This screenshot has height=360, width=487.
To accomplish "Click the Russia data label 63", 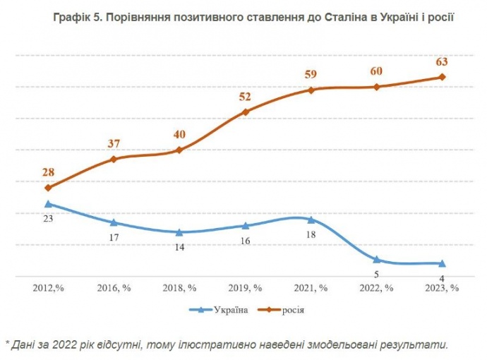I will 442,61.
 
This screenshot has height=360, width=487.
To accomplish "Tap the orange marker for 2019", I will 246,112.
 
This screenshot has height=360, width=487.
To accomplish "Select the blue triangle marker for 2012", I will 48,204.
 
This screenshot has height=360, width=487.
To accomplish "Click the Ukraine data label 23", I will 48,219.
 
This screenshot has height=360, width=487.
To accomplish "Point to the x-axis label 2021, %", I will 311,288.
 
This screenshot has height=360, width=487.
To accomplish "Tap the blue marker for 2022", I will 377,260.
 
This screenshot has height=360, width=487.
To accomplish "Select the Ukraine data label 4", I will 442,278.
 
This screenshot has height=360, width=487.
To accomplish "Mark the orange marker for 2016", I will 114,160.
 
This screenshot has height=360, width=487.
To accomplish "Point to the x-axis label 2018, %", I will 179,288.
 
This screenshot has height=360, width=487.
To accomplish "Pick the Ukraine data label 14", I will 179,248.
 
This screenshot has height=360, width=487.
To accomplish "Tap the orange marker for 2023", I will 442,77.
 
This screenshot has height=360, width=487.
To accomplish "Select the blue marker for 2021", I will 311,220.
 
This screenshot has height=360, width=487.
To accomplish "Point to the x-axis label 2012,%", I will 48,288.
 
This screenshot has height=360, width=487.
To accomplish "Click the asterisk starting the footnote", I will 8,344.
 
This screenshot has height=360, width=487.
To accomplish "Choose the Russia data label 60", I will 377,71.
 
